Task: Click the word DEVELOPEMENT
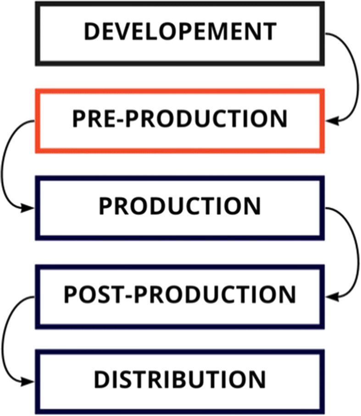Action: (180, 32)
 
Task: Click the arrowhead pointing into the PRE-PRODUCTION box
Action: (331, 121)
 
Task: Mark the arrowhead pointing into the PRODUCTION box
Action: (28, 208)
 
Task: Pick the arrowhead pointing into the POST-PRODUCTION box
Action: (331, 297)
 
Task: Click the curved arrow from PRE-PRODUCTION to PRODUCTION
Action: (5, 165)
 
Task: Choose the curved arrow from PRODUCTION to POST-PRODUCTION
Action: (355, 250)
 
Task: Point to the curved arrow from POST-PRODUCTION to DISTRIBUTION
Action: (5, 340)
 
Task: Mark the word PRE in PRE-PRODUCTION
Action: (94, 119)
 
